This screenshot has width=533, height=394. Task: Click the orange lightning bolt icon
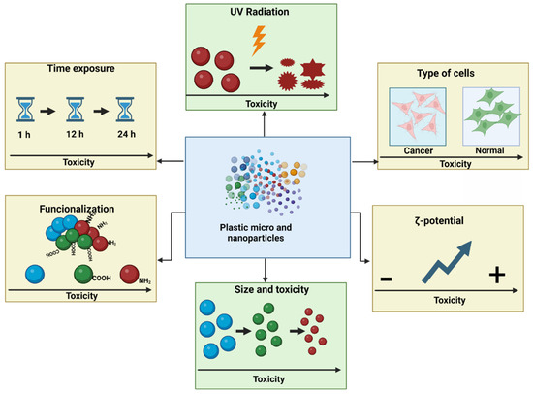coord(259,41)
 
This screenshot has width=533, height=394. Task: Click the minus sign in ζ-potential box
coord(387,279)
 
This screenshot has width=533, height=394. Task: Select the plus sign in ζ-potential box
coord(497,277)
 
